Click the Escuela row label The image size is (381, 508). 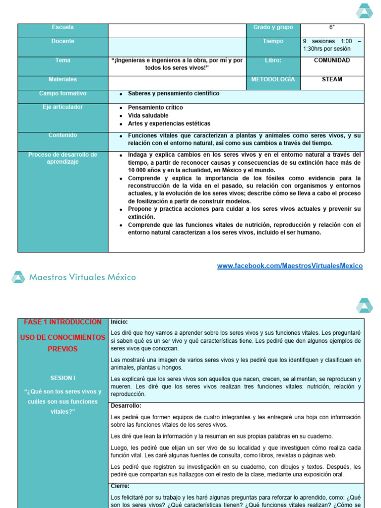coord(63,27)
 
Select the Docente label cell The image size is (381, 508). coord(63,41)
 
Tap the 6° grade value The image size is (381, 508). coord(332,27)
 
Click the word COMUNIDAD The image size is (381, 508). coord(332,61)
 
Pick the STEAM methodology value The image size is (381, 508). coord(332,79)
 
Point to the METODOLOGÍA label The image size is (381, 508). coord(273,79)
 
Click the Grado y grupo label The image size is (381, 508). coord(273,27)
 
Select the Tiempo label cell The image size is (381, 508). coord(273,42)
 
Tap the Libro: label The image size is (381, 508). coord(273,61)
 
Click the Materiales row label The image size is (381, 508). coord(63,79)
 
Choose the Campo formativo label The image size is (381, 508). coord(63,93)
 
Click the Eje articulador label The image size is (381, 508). coord(63,107)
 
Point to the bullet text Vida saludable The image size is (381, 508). coord(148,116)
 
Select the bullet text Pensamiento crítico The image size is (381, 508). coord(155,108)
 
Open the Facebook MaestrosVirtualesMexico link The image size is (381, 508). coord(290,266)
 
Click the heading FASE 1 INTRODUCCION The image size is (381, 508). coord(63,322)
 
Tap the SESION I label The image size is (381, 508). coord(63,378)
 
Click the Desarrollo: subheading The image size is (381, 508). coord(127,405)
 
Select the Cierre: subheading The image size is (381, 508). coord(120,486)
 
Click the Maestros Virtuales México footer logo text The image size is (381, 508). coord(82,277)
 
